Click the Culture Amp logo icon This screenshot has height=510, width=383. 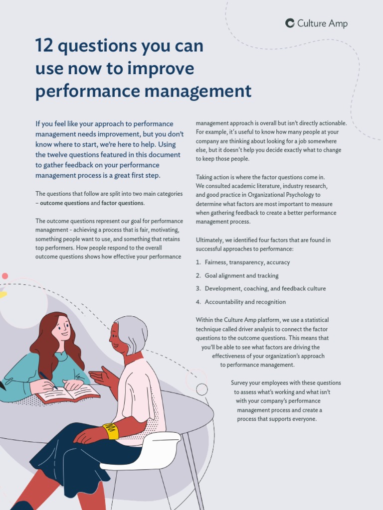click(x=290, y=23)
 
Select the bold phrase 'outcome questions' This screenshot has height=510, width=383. click(x=65, y=203)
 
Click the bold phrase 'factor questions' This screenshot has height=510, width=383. click(x=123, y=203)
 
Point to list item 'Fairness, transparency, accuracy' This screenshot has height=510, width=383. click(x=247, y=262)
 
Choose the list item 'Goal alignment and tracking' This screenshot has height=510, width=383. click(x=241, y=276)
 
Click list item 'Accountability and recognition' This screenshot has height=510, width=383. click(x=245, y=302)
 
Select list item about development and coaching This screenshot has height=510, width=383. click(x=265, y=289)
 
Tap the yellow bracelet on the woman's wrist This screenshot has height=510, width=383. click(x=111, y=431)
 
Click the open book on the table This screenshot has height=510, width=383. click(x=69, y=394)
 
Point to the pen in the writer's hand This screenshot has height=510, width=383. click(x=48, y=380)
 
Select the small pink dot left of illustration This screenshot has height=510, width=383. click(x=5, y=276)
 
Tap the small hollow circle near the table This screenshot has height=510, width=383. click(x=202, y=389)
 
